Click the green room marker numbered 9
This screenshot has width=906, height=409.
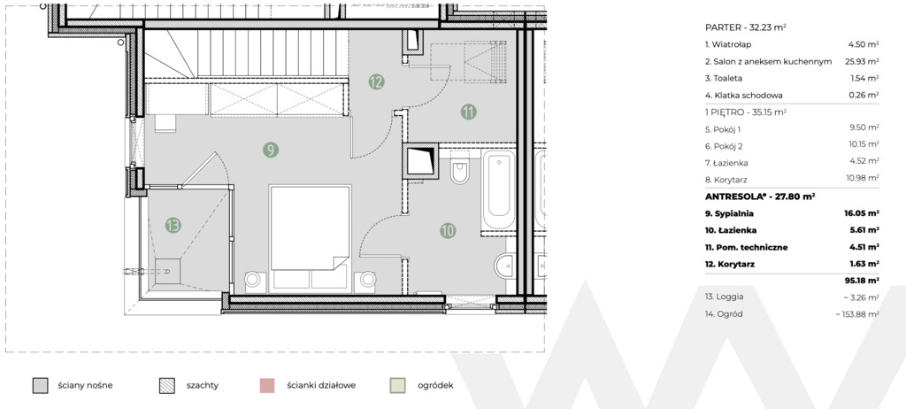pos(270,150)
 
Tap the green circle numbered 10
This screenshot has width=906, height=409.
pos(447,231)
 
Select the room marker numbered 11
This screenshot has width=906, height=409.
pos(469,112)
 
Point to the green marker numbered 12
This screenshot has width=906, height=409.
pos(376,81)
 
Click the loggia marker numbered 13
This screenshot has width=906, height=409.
pos(173,225)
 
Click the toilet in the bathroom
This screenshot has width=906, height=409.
pos(460,169)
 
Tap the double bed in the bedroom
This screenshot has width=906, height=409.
pos(311,236)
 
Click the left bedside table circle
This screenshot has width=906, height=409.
pos(252,280)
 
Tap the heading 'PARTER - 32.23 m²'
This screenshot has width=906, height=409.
pos(745,27)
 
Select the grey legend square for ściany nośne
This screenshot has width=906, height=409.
pos(40,386)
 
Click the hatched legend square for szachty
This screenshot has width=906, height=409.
pos(167,386)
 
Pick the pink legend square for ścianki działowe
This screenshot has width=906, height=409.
pos(267,386)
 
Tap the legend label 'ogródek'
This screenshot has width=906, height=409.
pos(435,386)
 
